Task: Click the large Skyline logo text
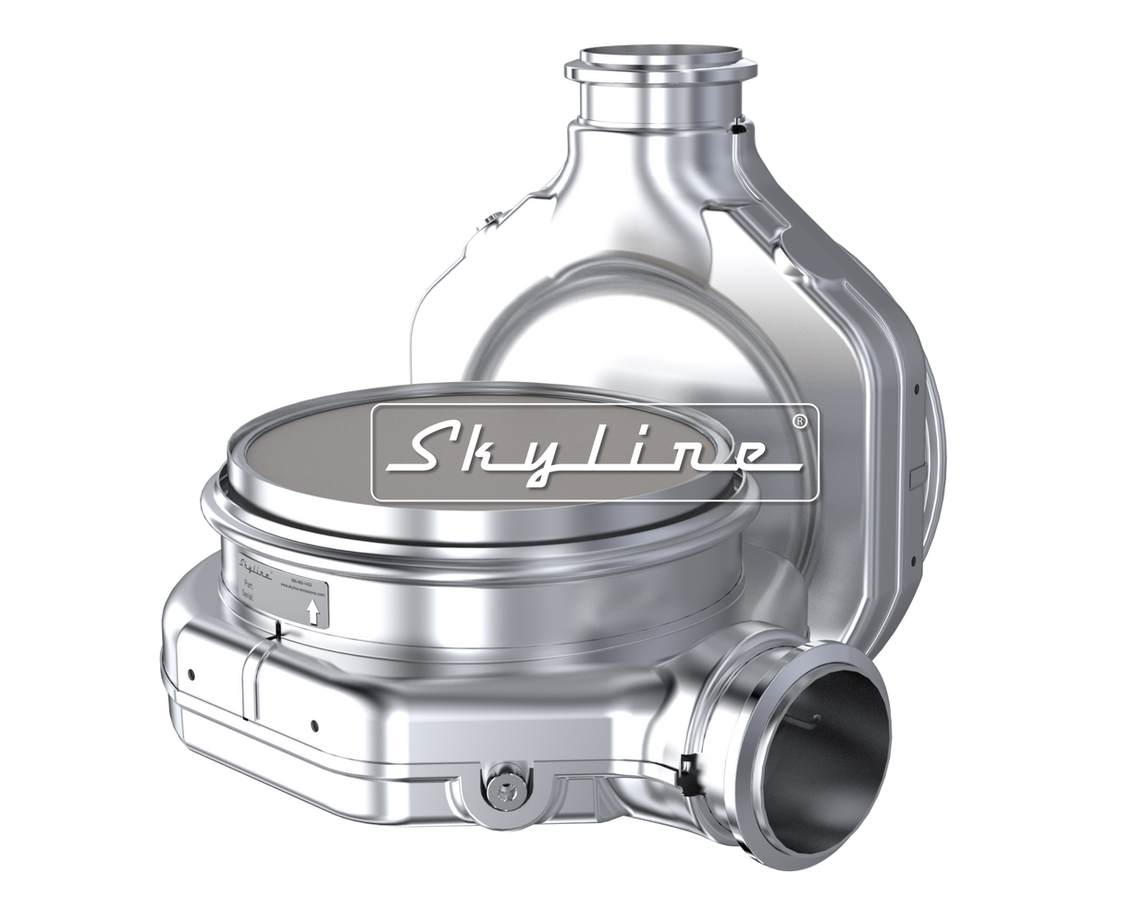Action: point(592,450)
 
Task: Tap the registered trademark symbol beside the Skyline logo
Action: point(800,420)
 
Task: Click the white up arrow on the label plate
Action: point(315,612)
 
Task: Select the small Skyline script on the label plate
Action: point(254,567)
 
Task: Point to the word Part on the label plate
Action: point(247,585)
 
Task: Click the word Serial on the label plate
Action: point(249,599)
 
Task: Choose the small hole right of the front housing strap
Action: point(315,724)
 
